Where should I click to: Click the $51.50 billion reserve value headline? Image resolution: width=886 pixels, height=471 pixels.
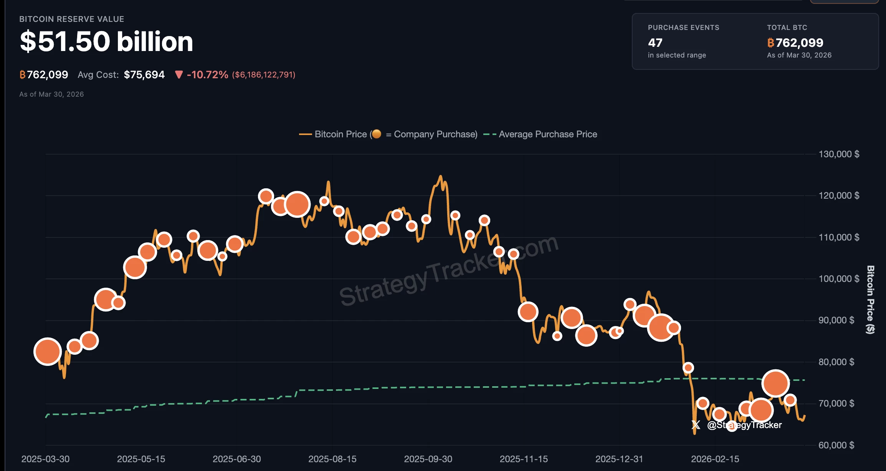[106, 41]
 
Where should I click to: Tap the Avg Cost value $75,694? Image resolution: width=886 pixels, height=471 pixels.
[144, 74]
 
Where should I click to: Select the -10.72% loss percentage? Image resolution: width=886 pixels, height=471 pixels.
[207, 74]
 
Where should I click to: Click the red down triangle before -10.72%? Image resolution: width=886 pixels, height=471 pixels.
[179, 74]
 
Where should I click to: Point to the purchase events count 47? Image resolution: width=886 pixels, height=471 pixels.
[655, 43]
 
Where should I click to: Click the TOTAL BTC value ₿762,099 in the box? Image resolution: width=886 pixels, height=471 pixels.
[795, 43]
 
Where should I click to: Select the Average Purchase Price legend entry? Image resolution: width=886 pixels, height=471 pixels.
[547, 134]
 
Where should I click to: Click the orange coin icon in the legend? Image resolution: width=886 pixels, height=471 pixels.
[377, 134]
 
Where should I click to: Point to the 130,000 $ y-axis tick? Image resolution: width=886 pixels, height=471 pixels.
[839, 154]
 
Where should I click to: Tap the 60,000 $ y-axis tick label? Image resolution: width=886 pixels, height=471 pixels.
[836, 445]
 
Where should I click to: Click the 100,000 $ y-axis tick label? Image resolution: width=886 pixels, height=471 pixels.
[839, 279]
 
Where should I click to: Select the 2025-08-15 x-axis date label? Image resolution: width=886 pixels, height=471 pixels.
[332, 459]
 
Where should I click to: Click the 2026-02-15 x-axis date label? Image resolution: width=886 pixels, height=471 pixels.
[715, 459]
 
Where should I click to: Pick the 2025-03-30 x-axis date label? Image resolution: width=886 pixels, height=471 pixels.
[45, 459]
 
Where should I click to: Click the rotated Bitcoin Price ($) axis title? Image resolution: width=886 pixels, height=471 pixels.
[871, 300]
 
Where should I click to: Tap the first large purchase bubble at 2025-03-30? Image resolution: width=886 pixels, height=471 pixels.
[48, 352]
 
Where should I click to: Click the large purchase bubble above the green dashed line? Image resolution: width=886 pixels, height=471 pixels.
[775, 383]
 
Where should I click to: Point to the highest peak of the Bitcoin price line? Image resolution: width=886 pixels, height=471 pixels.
[440, 176]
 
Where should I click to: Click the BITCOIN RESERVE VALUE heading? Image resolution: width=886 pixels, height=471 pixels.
[72, 19]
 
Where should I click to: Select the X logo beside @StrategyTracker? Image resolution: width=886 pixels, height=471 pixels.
[696, 425]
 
